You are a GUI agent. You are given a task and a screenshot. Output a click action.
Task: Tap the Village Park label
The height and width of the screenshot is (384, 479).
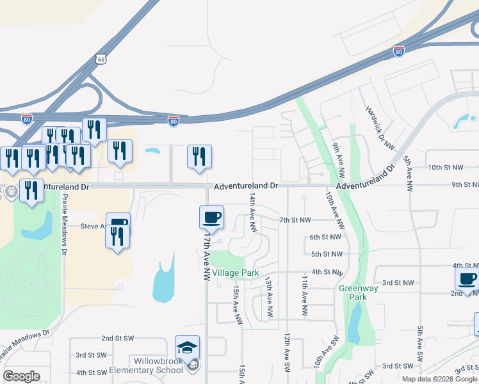click(235, 273)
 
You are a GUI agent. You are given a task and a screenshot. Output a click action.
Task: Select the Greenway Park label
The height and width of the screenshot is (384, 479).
click(353, 292)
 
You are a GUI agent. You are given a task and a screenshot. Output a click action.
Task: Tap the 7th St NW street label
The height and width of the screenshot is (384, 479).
click(295, 220)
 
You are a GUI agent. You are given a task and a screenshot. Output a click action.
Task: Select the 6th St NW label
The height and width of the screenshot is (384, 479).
click(325, 237)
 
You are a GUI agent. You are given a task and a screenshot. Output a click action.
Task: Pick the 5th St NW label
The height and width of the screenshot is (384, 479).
click(326, 254)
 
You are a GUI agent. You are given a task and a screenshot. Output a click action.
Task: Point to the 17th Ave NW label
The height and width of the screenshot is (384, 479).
click(206, 256)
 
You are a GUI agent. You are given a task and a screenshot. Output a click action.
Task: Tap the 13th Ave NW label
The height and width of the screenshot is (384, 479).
click(270, 298)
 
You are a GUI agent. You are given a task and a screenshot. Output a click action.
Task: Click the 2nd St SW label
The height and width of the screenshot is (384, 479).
click(117, 337)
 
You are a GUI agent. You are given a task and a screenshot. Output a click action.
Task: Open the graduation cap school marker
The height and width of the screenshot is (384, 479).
click(187, 348)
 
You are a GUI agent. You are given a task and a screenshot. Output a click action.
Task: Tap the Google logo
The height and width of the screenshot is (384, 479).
click(21, 376)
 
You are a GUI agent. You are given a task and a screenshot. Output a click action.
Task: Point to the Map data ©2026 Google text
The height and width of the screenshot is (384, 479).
click(439, 379)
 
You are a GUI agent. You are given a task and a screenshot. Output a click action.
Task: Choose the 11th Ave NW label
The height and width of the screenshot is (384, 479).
click(305, 298)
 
